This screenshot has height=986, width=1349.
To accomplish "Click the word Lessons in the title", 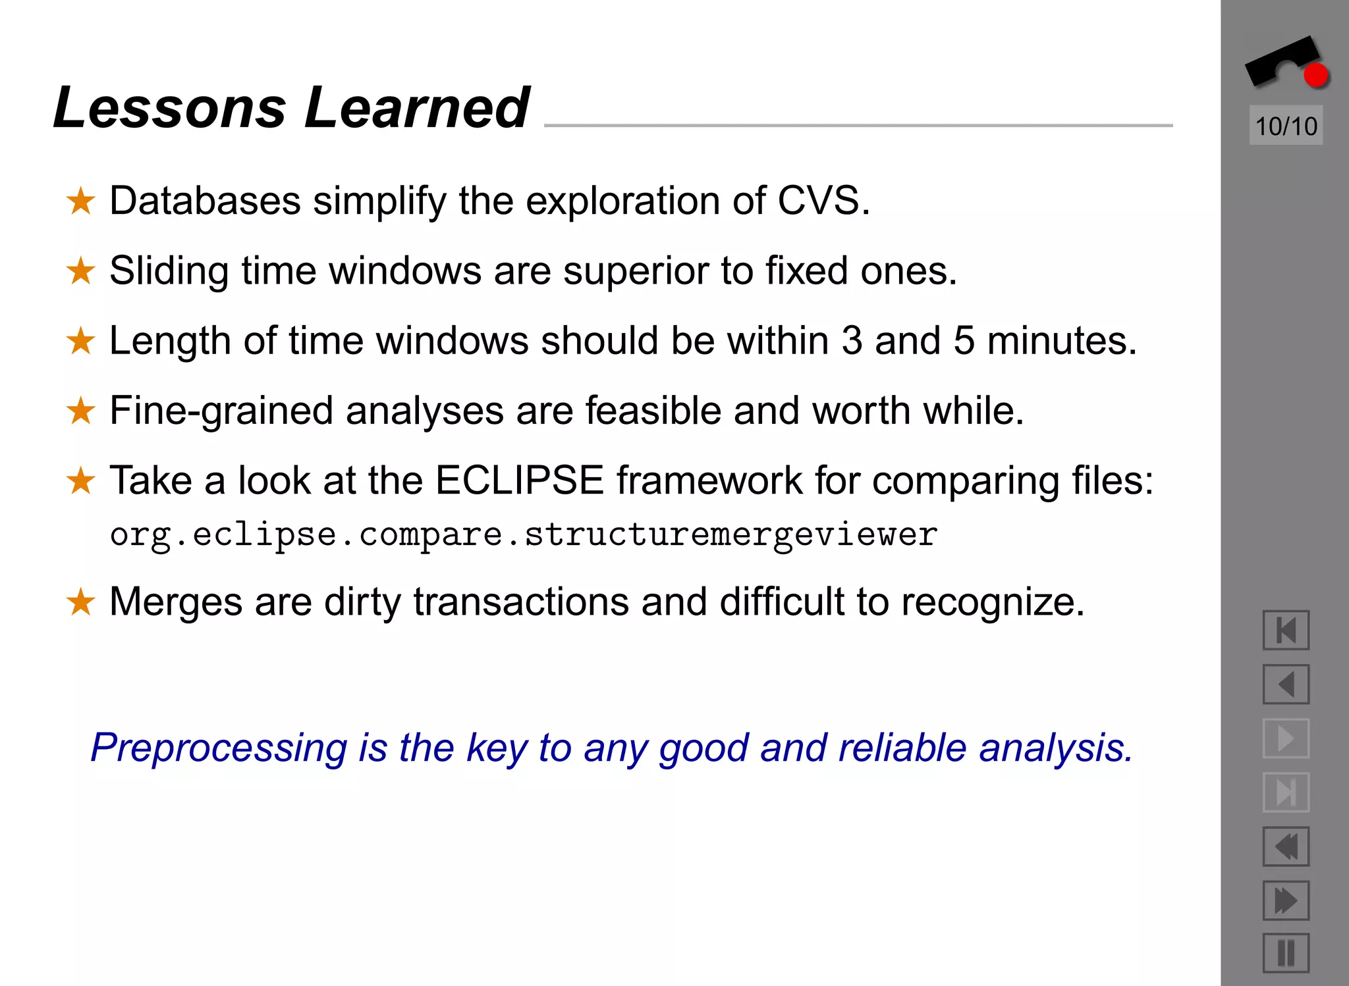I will click(170, 108).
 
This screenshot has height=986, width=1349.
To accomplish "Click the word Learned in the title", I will click(416, 108).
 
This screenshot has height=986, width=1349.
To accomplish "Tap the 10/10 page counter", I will click(1285, 126).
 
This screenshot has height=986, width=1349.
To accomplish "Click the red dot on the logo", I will click(1315, 76).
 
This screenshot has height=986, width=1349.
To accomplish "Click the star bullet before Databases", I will click(81, 201).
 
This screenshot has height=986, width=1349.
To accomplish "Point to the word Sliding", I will click(169, 271).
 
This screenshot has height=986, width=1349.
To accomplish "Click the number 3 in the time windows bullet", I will click(852, 341).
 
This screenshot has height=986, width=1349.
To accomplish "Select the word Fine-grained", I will click(221, 411).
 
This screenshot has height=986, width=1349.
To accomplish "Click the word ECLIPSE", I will click(519, 480).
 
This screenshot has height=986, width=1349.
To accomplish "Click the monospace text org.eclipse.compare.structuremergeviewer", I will click(524, 534).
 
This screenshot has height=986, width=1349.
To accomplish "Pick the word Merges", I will click(176, 602).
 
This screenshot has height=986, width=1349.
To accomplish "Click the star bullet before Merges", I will click(81, 602).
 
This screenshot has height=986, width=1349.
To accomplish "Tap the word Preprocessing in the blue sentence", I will click(218, 748).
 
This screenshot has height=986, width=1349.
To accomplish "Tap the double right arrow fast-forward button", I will click(1285, 900).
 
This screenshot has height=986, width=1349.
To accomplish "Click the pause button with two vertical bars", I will click(1285, 953).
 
